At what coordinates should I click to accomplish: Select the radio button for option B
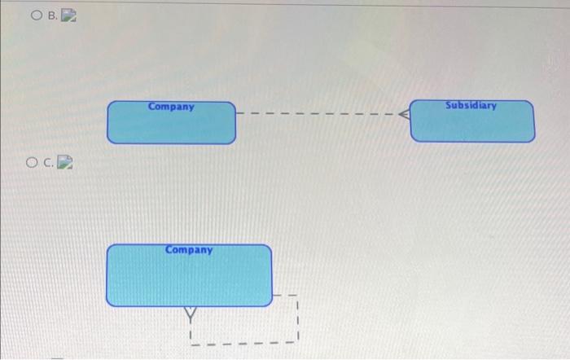(37, 15)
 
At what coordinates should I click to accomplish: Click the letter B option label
(52, 15)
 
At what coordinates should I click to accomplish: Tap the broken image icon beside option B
(68, 15)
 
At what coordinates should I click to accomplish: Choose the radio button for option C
(32, 162)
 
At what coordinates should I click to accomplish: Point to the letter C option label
(48, 163)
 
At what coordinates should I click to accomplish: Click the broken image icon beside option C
(65, 162)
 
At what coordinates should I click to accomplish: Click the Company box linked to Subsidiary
(171, 123)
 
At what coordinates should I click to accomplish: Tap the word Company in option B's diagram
(171, 107)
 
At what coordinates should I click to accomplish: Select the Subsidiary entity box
(472, 121)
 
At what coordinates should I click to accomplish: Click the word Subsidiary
(471, 105)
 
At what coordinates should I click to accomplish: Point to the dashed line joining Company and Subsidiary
(318, 113)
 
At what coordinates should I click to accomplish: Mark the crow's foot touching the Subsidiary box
(404, 114)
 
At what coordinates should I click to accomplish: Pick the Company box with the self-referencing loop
(189, 275)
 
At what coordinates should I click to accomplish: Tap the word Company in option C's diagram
(189, 250)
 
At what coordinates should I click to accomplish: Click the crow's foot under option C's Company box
(190, 314)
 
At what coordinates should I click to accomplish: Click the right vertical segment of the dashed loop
(297, 318)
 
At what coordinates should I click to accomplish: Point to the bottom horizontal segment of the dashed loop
(244, 343)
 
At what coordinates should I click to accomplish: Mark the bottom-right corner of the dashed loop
(298, 342)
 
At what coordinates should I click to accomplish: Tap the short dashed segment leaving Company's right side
(285, 296)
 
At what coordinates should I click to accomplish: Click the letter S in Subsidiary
(448, 105)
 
